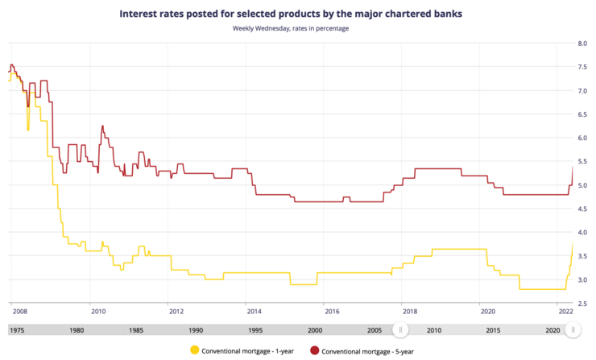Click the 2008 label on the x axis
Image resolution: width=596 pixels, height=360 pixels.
[x=19, y=310]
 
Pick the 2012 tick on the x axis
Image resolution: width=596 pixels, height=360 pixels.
[x=175, y=310]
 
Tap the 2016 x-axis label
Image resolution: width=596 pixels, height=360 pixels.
[x=331, y=310]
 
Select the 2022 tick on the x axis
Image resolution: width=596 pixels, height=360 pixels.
[x=565, y=310]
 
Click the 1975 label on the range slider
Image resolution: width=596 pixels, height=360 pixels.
[x=16, y=330]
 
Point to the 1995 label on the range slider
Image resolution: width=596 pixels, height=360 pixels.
[x=255, y=330]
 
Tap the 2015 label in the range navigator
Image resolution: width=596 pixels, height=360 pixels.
[x=494, y=330]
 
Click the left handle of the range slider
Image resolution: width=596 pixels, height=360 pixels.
[x=400, y=329]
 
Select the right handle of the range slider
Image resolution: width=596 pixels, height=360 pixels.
[x=572, y=329]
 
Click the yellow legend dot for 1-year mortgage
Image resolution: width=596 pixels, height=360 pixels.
[x=193, y=350]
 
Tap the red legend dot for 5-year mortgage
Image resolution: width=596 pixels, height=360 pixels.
[x=315, y=350]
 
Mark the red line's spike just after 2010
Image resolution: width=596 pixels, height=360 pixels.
[x=102, y=126]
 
